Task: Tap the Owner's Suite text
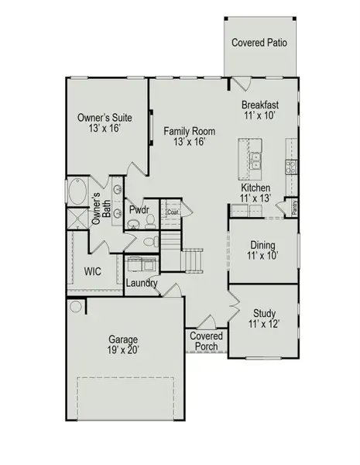[105, 118]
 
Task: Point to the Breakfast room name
[260, 105]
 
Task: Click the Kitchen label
[255, 188]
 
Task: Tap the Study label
[262, 314]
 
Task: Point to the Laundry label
[142, 284]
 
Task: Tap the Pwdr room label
[139, 210]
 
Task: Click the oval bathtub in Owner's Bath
[78, 191]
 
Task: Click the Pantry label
[295, 207]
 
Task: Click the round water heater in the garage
[77, 307]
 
